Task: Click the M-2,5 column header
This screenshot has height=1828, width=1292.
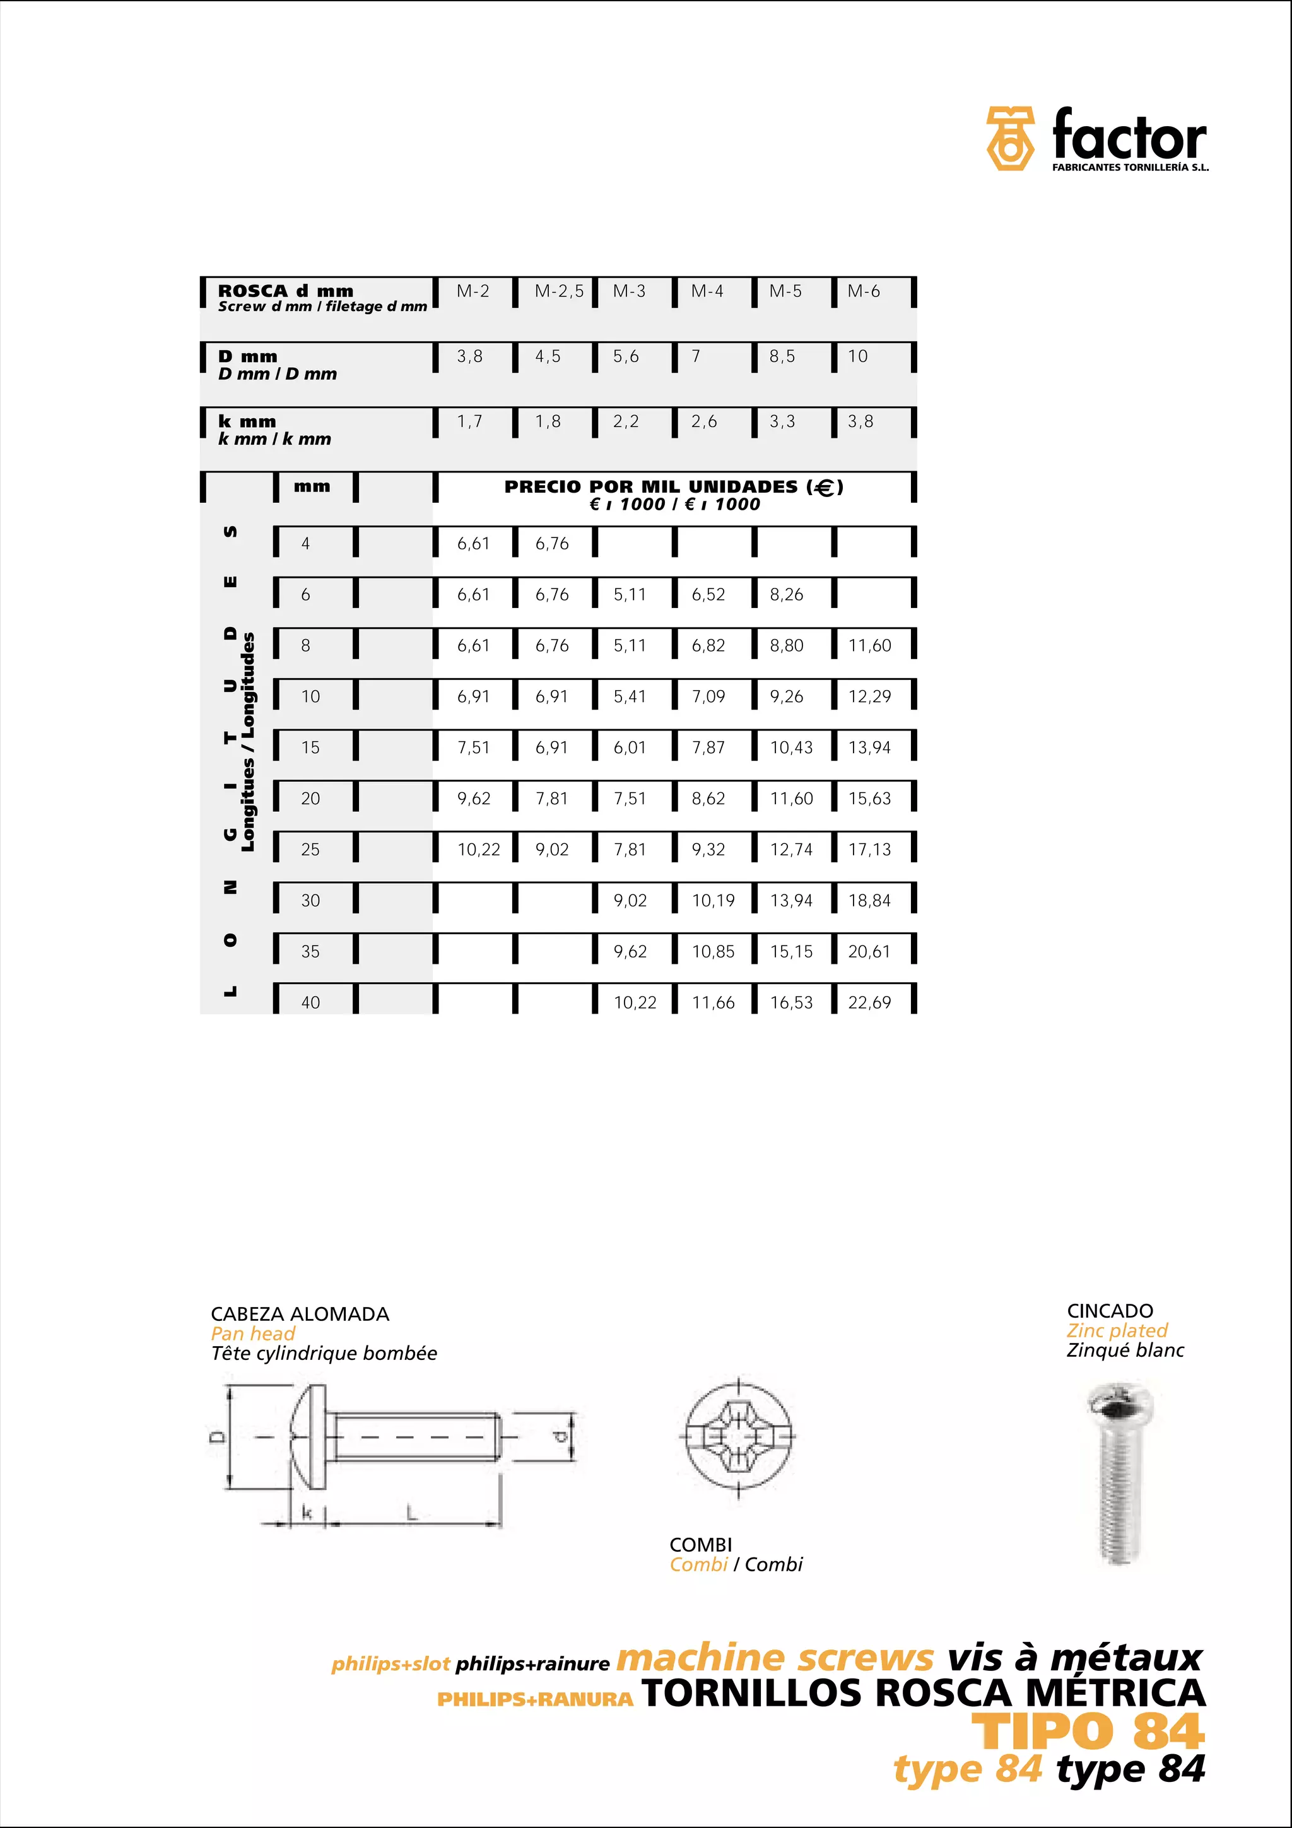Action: [x=559, y=291]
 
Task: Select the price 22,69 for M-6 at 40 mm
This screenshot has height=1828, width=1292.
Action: [x=869, y=1002]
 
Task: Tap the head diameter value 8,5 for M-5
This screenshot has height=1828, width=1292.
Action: [x=782, y=356]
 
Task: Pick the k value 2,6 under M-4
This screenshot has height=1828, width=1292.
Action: [x=703, y=422]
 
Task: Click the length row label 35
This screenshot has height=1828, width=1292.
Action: [x=310, y=951]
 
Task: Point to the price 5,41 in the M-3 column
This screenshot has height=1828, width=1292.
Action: [x=629, y=696]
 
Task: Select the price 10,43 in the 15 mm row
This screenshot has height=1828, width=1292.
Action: [x=791, y=747]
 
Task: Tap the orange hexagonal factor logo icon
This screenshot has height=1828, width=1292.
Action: [x=1010, y=139]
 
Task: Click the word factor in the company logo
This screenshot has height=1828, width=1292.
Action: [x=1129, y=136]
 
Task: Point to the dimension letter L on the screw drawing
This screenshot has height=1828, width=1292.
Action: [x=411, y=1511]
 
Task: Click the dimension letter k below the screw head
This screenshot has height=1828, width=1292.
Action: [x=307, y=1511]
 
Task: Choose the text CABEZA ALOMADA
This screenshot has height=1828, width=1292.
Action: [x=300, y=1314]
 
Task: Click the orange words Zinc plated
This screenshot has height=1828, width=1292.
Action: [x=1117, y=1330]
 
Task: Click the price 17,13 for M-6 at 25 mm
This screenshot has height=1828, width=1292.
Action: [x=869, y=850]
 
